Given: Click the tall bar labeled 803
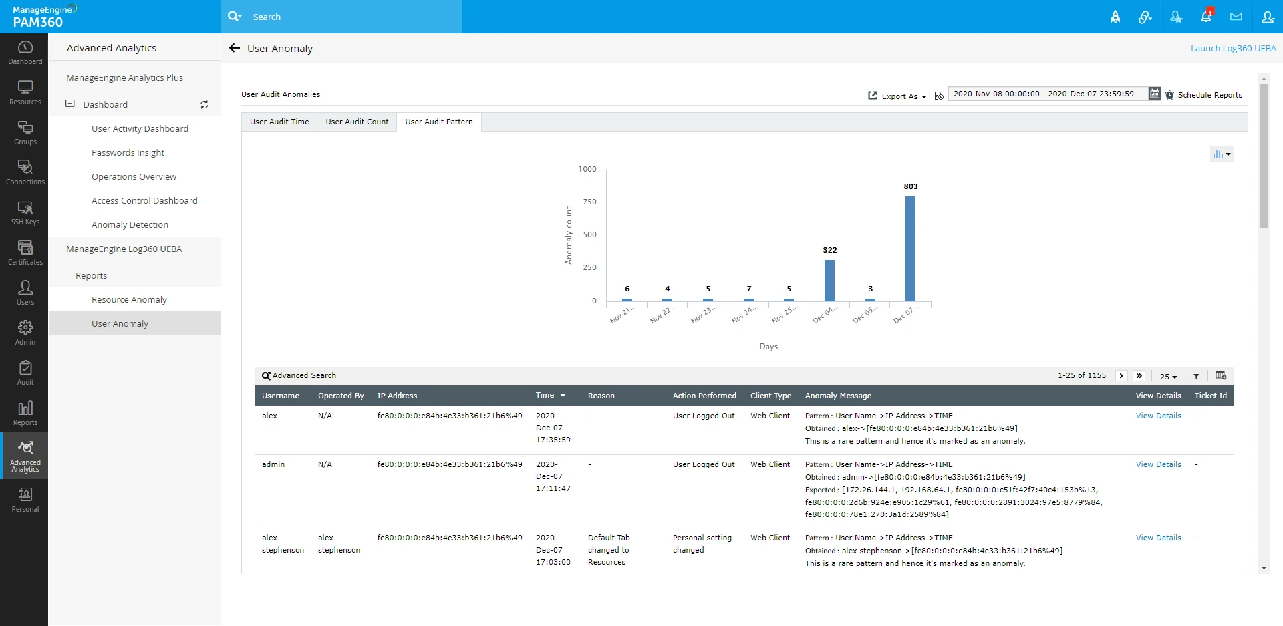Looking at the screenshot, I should [910, 249].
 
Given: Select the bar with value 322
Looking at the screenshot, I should [829, 281].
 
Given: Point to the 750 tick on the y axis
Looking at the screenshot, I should [589, 202].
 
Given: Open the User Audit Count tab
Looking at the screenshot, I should [357, 122].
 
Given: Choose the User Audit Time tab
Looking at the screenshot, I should [279, 122].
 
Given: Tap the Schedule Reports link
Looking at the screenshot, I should [1209, 95].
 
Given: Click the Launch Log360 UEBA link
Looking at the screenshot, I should [1233, 48].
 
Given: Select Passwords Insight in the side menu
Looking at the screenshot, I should [128, 152].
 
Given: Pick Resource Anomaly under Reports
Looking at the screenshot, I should [129, 299].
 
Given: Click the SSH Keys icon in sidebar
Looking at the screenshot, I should [25, 212].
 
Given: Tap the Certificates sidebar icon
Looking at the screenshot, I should [25, 253].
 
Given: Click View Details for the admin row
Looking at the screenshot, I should [1158, 464].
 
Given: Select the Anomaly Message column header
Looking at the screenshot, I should [838, 396].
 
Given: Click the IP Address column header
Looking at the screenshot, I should [397, 396].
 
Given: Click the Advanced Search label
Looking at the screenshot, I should [304, 375].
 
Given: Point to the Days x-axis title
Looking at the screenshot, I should [768, 347].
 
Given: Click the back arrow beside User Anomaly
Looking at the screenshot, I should [235, 48].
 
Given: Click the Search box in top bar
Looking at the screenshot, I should [347, 17].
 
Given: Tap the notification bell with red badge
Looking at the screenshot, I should [1206, 17].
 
